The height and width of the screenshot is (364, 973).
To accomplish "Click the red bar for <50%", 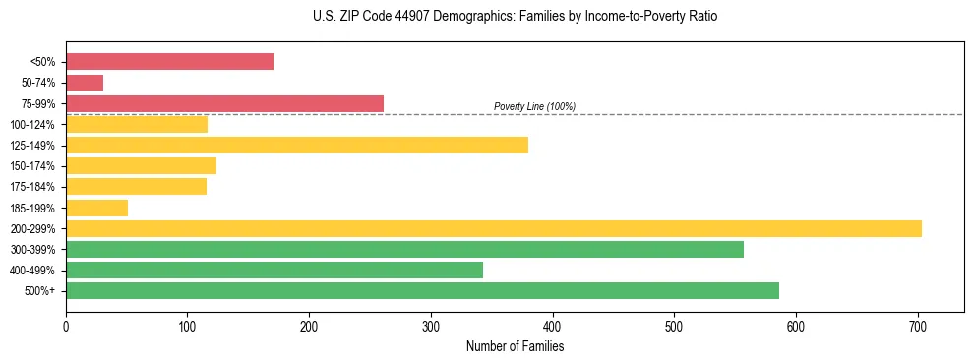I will [169, 62].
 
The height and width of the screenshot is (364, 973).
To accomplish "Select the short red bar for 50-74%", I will [85, 83].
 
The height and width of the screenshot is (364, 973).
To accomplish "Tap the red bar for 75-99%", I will [224, 103].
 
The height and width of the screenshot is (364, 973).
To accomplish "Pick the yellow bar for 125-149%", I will [296, 145].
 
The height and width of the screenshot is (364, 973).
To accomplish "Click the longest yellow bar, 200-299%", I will [493, 228].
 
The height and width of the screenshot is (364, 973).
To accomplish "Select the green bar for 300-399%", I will [404, 249].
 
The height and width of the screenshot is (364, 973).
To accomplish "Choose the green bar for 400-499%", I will [274, 270].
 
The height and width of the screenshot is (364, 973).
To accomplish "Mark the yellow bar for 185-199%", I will [96, 208].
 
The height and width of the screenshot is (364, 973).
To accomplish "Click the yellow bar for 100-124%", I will [137, 124].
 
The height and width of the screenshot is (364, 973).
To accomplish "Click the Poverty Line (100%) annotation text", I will [534, 106].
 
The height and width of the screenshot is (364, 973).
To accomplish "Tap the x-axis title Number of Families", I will [515, 346].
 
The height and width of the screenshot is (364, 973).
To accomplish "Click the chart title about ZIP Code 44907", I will [515, 17].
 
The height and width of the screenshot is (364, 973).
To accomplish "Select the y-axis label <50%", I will [44, 62].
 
